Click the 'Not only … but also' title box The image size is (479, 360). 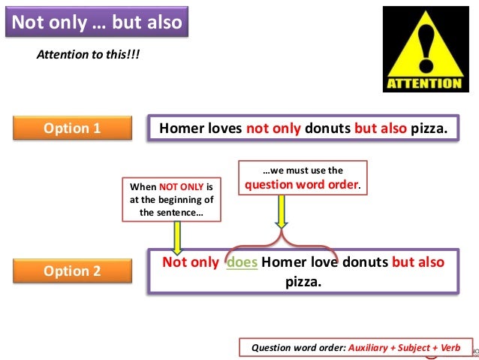point(96,21)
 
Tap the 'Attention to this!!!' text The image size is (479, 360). point(89,56)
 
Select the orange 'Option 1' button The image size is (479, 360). point(72,128)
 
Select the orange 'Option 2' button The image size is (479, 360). point(72,271)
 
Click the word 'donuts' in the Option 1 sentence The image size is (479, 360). point(327,128)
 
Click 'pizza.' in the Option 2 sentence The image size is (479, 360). point(303,283)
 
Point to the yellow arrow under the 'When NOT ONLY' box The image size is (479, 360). point(178,237)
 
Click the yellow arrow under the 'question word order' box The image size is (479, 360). point(282,211)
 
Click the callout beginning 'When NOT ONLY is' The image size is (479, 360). point(172,199)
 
